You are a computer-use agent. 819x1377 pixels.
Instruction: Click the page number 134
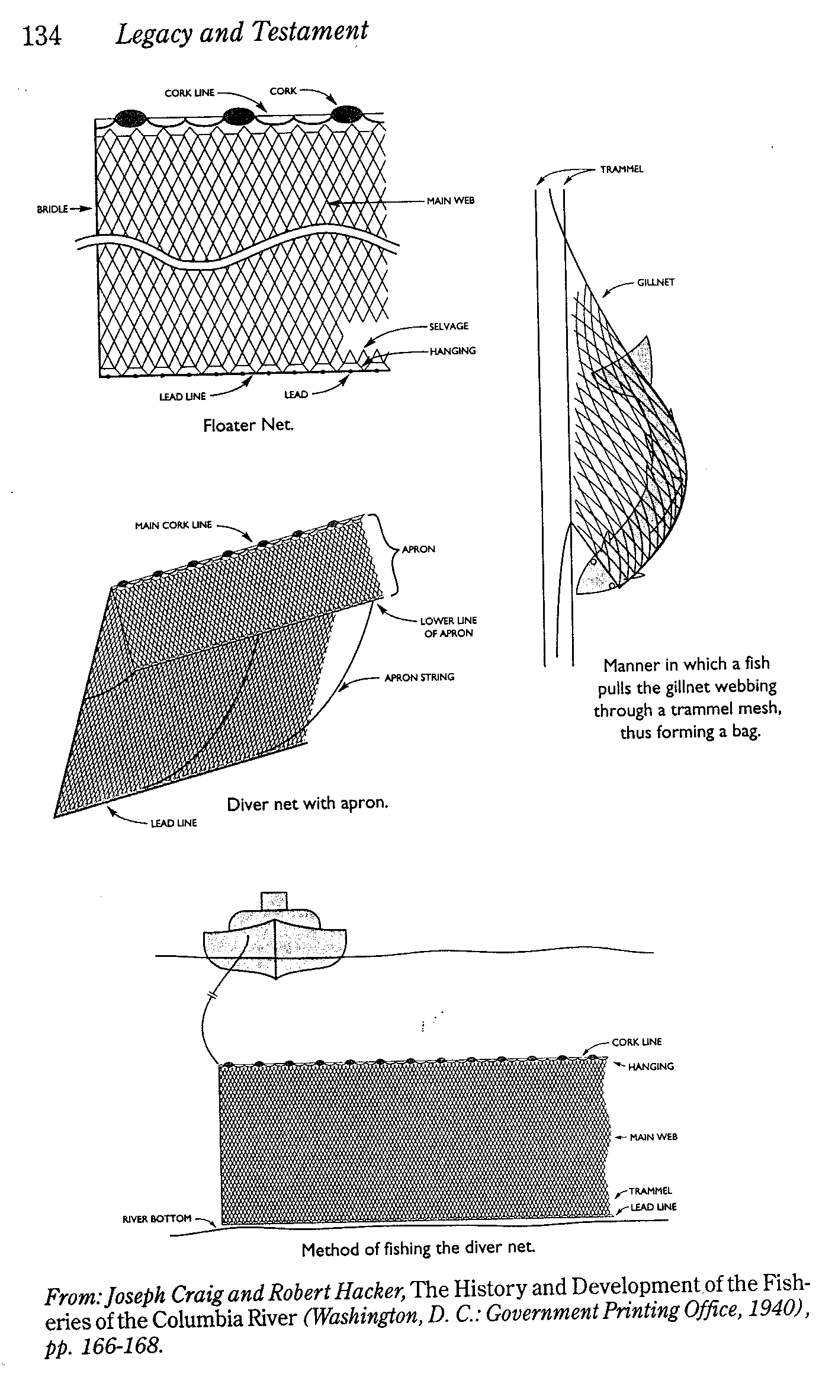(x=41, y=36)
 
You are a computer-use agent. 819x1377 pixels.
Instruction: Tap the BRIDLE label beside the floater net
(x=52, y=209)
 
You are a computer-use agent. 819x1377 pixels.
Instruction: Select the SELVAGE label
(x=448, y=326)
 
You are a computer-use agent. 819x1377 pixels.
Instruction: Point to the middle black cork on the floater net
(x=239, y=116)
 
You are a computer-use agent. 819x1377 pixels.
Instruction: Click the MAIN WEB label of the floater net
(x=450, y=201)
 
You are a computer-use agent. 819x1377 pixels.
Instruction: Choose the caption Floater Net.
(x=248, y=425)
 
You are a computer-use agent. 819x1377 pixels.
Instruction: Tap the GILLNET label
(x=656, y=283)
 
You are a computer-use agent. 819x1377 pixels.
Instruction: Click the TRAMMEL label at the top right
(x=621, y=169)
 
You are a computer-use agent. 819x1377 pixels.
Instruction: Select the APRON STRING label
(x=419, y=677)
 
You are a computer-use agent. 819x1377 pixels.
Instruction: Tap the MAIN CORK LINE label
(x=173, y=525)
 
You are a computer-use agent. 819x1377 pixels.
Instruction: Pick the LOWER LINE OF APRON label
(x=448, y=627)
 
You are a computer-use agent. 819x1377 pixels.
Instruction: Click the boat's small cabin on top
(x=274, y=901)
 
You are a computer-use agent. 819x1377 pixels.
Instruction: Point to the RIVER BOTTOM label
(x=156, y=1218)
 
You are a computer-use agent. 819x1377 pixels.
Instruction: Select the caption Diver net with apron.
(x=307, y=804)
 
